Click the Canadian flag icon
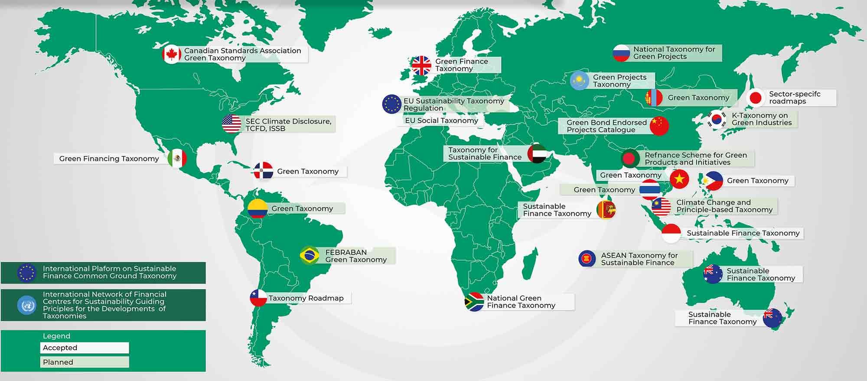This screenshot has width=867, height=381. (x=172, y=55)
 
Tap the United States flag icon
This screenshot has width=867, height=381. (x=231, y=124)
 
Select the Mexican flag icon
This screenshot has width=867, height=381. (x=177, y=159)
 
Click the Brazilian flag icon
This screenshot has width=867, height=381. (x=310, y=255)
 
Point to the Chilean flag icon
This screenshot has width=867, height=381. (x=258, y=298)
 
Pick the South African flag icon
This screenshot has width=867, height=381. (x=474, y=302)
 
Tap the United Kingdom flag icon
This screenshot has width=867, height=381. (x=421, y=65)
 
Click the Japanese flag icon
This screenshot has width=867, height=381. (x=756, y=98)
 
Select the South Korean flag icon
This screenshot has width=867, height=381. (x=717, y=119)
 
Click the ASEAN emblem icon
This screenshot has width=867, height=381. (x=587, y=259)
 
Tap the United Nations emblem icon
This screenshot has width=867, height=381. (x=26, y=305)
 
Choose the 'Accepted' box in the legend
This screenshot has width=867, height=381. (x=85, y=348)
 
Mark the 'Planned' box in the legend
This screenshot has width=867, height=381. (x=85, y=362)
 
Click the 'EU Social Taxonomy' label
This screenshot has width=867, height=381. (x=441, y=120)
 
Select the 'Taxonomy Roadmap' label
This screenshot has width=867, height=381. (x=306, y=298)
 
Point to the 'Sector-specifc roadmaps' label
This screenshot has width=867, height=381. (x=795, y=98)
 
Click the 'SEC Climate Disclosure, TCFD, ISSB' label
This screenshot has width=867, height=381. (x=288, y=125)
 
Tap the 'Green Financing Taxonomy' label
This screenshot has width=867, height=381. (x=109, y=159)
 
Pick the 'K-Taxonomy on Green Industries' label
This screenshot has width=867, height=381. (x=762, y=119)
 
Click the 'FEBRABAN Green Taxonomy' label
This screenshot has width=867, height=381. (x=356, y=256)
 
